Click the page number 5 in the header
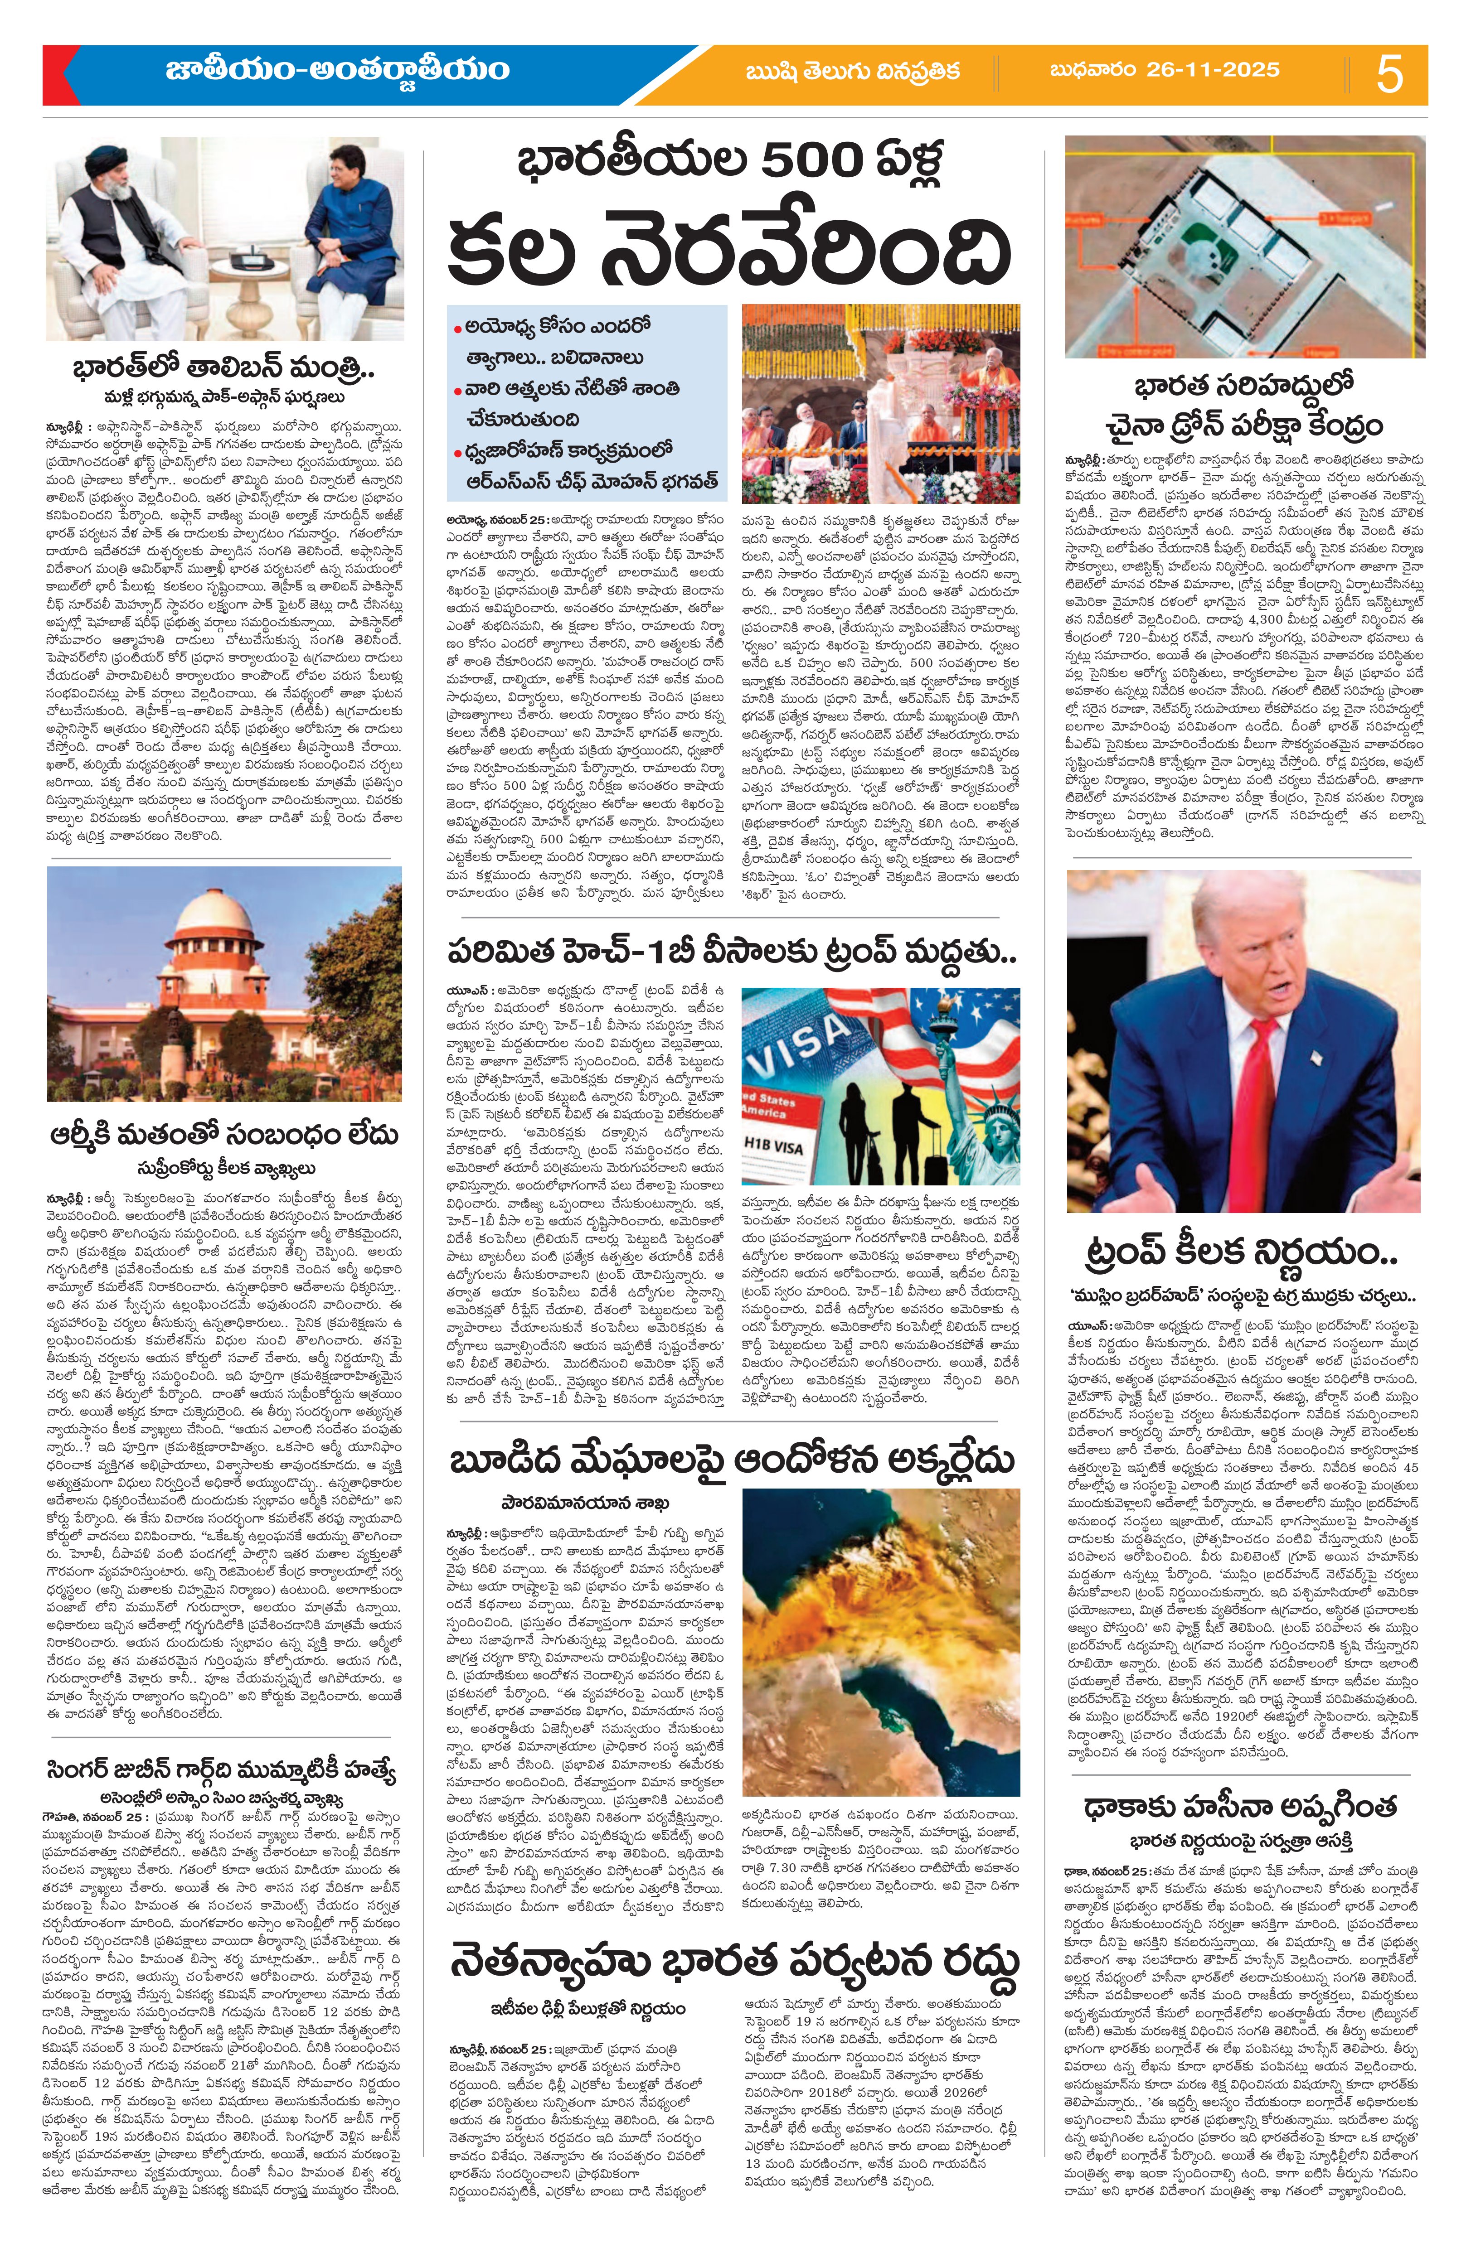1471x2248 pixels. (1389, 74)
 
